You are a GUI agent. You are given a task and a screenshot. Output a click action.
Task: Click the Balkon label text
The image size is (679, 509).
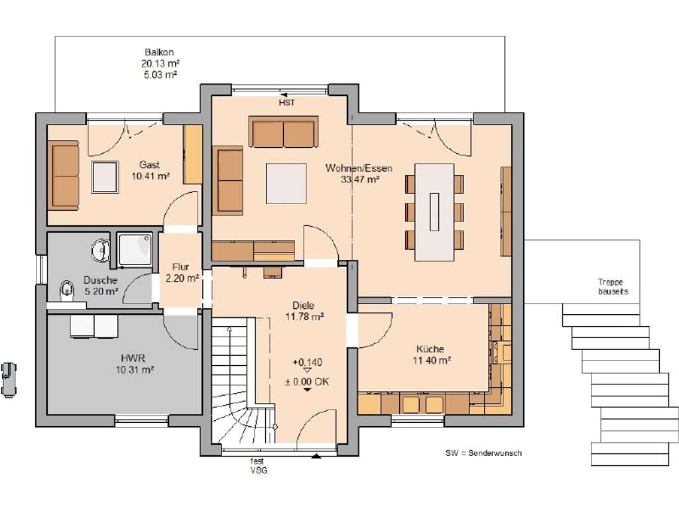pos(159,52)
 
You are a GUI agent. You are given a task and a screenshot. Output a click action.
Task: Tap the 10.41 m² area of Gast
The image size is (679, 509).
pos(151,176)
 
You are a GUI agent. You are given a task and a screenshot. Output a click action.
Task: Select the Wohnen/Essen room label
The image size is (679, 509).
pos(359,168)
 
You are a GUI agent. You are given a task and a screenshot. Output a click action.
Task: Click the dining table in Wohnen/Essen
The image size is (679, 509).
pos(434,212)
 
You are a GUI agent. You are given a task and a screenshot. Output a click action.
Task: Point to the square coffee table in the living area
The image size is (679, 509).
pos(286,183)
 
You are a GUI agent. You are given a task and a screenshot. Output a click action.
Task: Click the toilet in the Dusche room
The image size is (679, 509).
pos(66,290)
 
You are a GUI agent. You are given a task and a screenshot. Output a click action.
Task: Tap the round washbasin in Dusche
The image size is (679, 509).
pos(101,251)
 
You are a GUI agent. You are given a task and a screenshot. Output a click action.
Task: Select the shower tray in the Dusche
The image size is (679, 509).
pos(135,250)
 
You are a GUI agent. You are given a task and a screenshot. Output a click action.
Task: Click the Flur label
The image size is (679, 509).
pos(180,267)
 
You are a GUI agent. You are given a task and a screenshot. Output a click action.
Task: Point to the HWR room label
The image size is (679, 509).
pos(133,359)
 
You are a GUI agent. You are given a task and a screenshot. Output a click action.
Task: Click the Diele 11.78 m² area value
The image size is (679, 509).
pos(304,317)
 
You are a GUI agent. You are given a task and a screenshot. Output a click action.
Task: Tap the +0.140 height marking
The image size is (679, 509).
pos(308,363)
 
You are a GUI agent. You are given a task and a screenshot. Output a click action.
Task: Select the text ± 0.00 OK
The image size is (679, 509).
pos(307,382)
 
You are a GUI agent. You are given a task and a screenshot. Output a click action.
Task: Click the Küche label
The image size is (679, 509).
pos(430,349)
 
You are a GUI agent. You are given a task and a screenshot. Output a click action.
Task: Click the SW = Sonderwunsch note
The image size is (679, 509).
pos(483,453)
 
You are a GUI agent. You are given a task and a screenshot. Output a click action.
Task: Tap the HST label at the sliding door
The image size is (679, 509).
pos(286,103)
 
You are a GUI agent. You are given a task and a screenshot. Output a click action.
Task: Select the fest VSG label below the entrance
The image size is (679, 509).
pos(258,466)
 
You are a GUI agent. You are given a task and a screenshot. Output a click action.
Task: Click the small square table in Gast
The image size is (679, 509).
pos(105,177)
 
